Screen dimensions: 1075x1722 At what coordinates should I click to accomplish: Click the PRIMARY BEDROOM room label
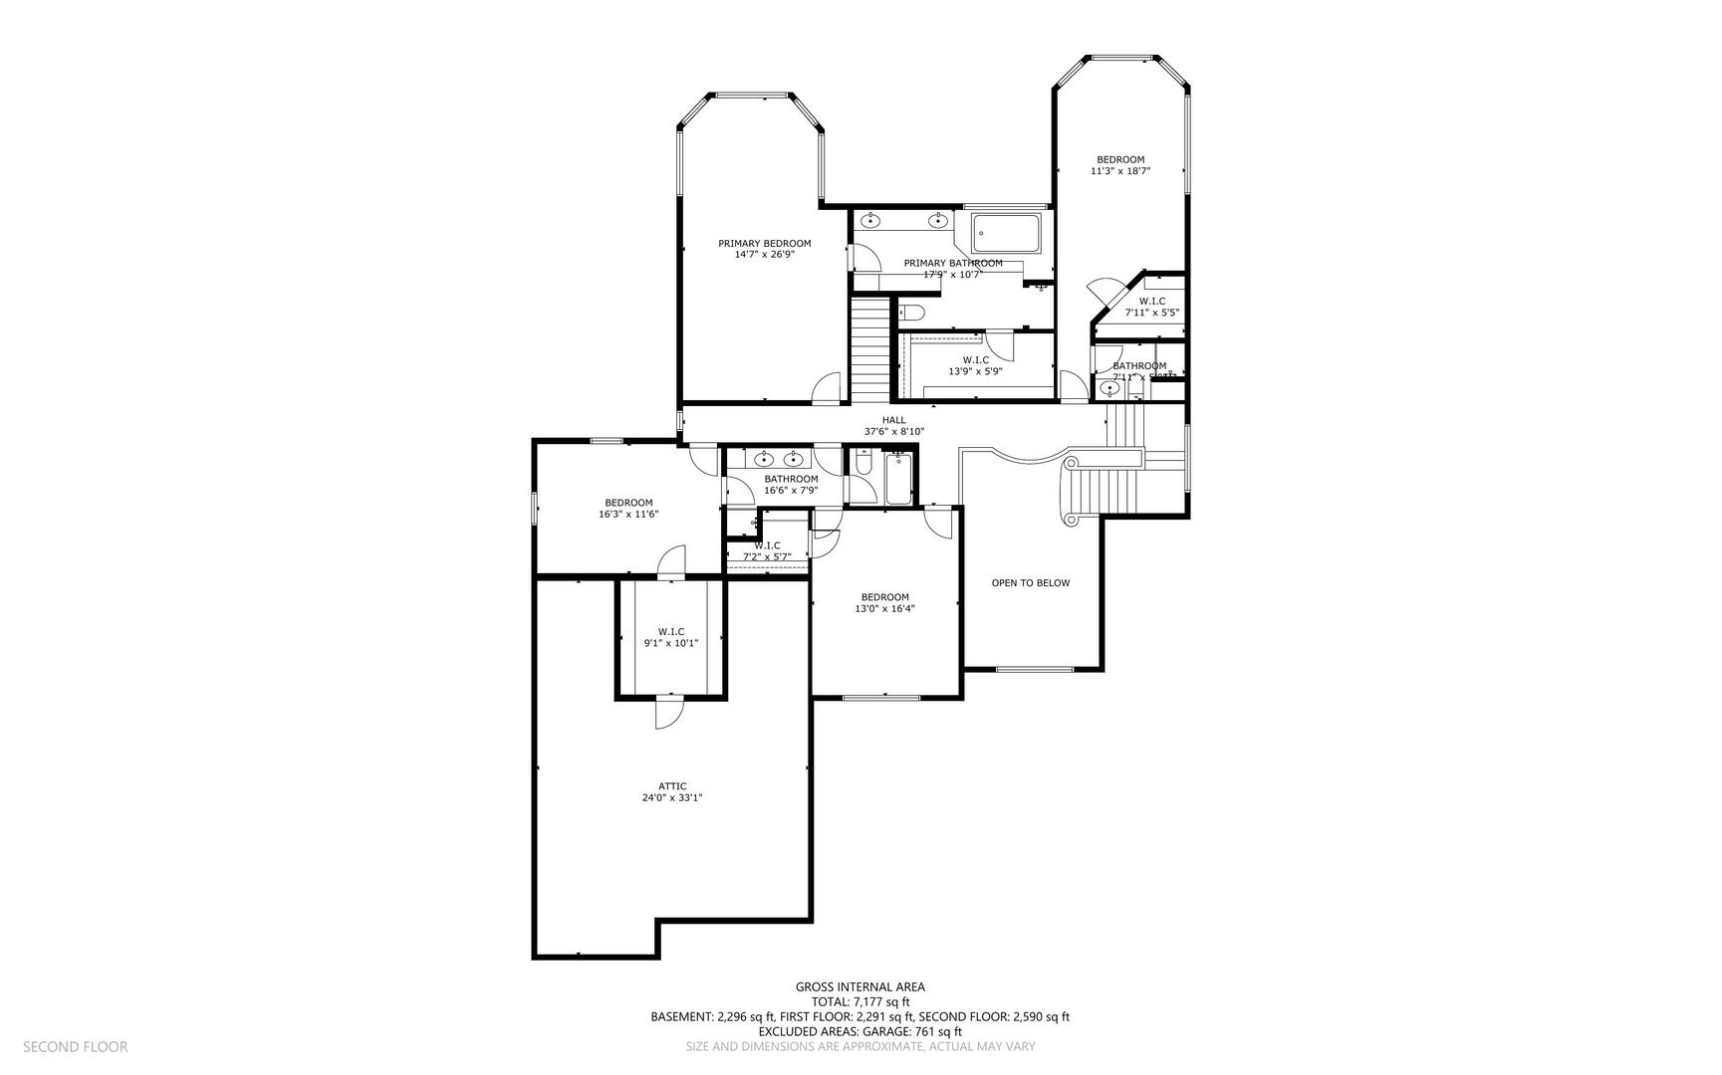tap(764, 243)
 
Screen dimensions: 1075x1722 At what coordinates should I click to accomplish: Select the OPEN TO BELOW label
tap(1030, 583)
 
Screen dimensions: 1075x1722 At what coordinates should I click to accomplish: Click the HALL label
tap(893, 420)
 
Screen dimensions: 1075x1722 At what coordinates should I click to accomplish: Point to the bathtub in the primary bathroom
tap(1005, 234)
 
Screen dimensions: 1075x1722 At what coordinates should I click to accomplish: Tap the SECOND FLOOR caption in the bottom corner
tap(75, 1047)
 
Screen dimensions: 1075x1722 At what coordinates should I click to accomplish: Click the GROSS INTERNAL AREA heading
tap(860, 987)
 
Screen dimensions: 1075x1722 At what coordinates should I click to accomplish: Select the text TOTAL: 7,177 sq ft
tap(860, 1002)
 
